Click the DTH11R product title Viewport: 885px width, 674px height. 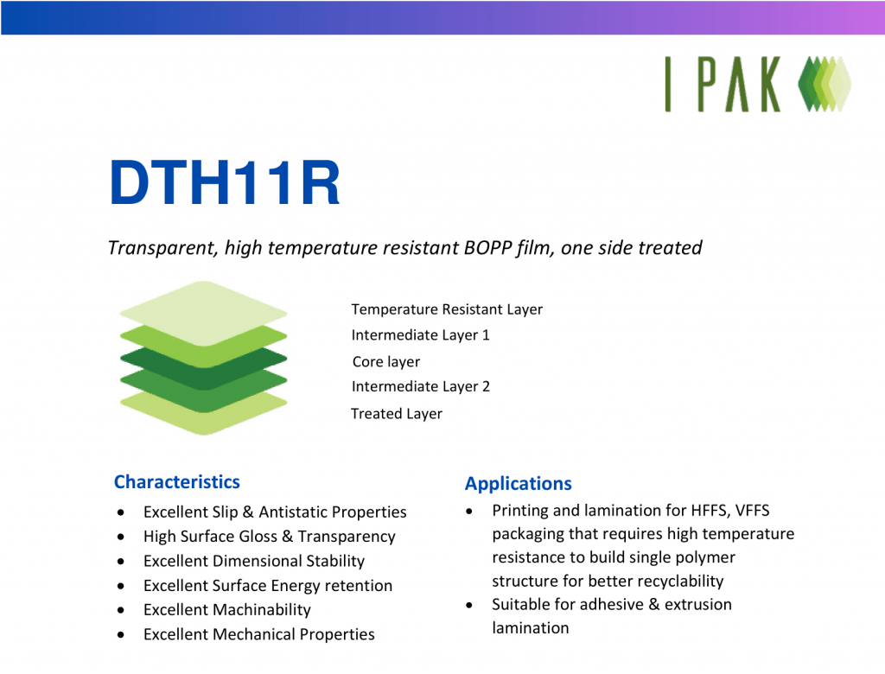coord(225,182)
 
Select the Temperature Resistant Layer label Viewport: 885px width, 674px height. coord(447,309)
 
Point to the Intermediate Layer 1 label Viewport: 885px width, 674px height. coord(420,335)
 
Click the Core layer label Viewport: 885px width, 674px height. coord(385,362)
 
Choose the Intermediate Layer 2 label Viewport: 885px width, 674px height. coord(420,387)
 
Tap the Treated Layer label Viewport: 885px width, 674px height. coord(396,414)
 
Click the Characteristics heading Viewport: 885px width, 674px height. coord(176,482)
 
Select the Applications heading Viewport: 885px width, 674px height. coord(518,484)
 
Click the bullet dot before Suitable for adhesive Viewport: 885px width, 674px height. coord(468,605)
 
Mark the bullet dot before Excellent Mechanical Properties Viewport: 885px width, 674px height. coord(125,635)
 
